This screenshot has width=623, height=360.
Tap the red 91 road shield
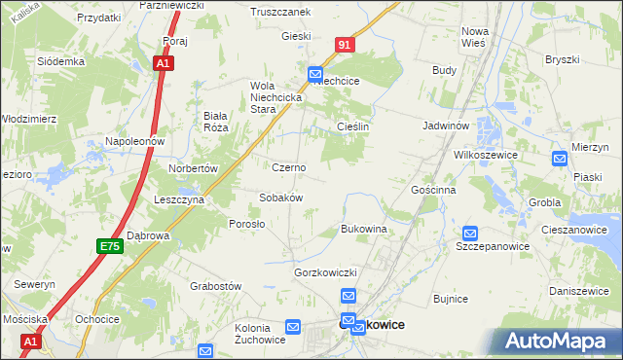[346, 46]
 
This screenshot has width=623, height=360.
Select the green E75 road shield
[109, 247]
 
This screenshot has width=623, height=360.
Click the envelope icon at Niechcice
[315, 73]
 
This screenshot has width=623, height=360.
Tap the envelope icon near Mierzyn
[560, 159]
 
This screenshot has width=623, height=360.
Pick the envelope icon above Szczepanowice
[470, 234]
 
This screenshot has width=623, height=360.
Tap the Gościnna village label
[433, 191]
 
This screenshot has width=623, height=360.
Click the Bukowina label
[364, 230]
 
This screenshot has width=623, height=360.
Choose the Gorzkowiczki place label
[327, 272]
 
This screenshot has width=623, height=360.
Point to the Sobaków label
[281, 198]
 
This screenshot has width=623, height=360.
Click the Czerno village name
[288, 167]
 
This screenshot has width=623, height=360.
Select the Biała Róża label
[215, 121]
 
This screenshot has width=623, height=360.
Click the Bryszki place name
[562, 59]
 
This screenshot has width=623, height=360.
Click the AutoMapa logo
[558, 341]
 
